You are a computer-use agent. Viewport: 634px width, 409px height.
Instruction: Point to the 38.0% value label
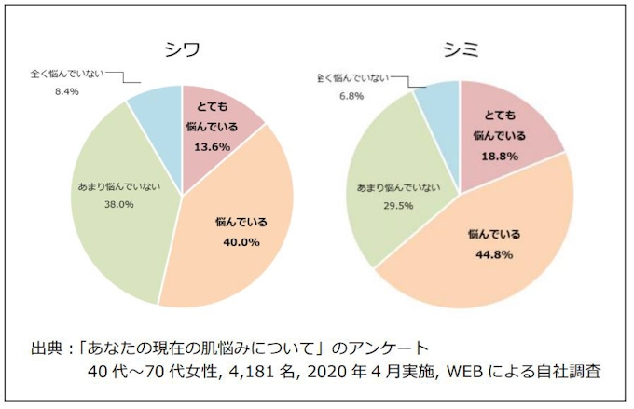117,204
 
